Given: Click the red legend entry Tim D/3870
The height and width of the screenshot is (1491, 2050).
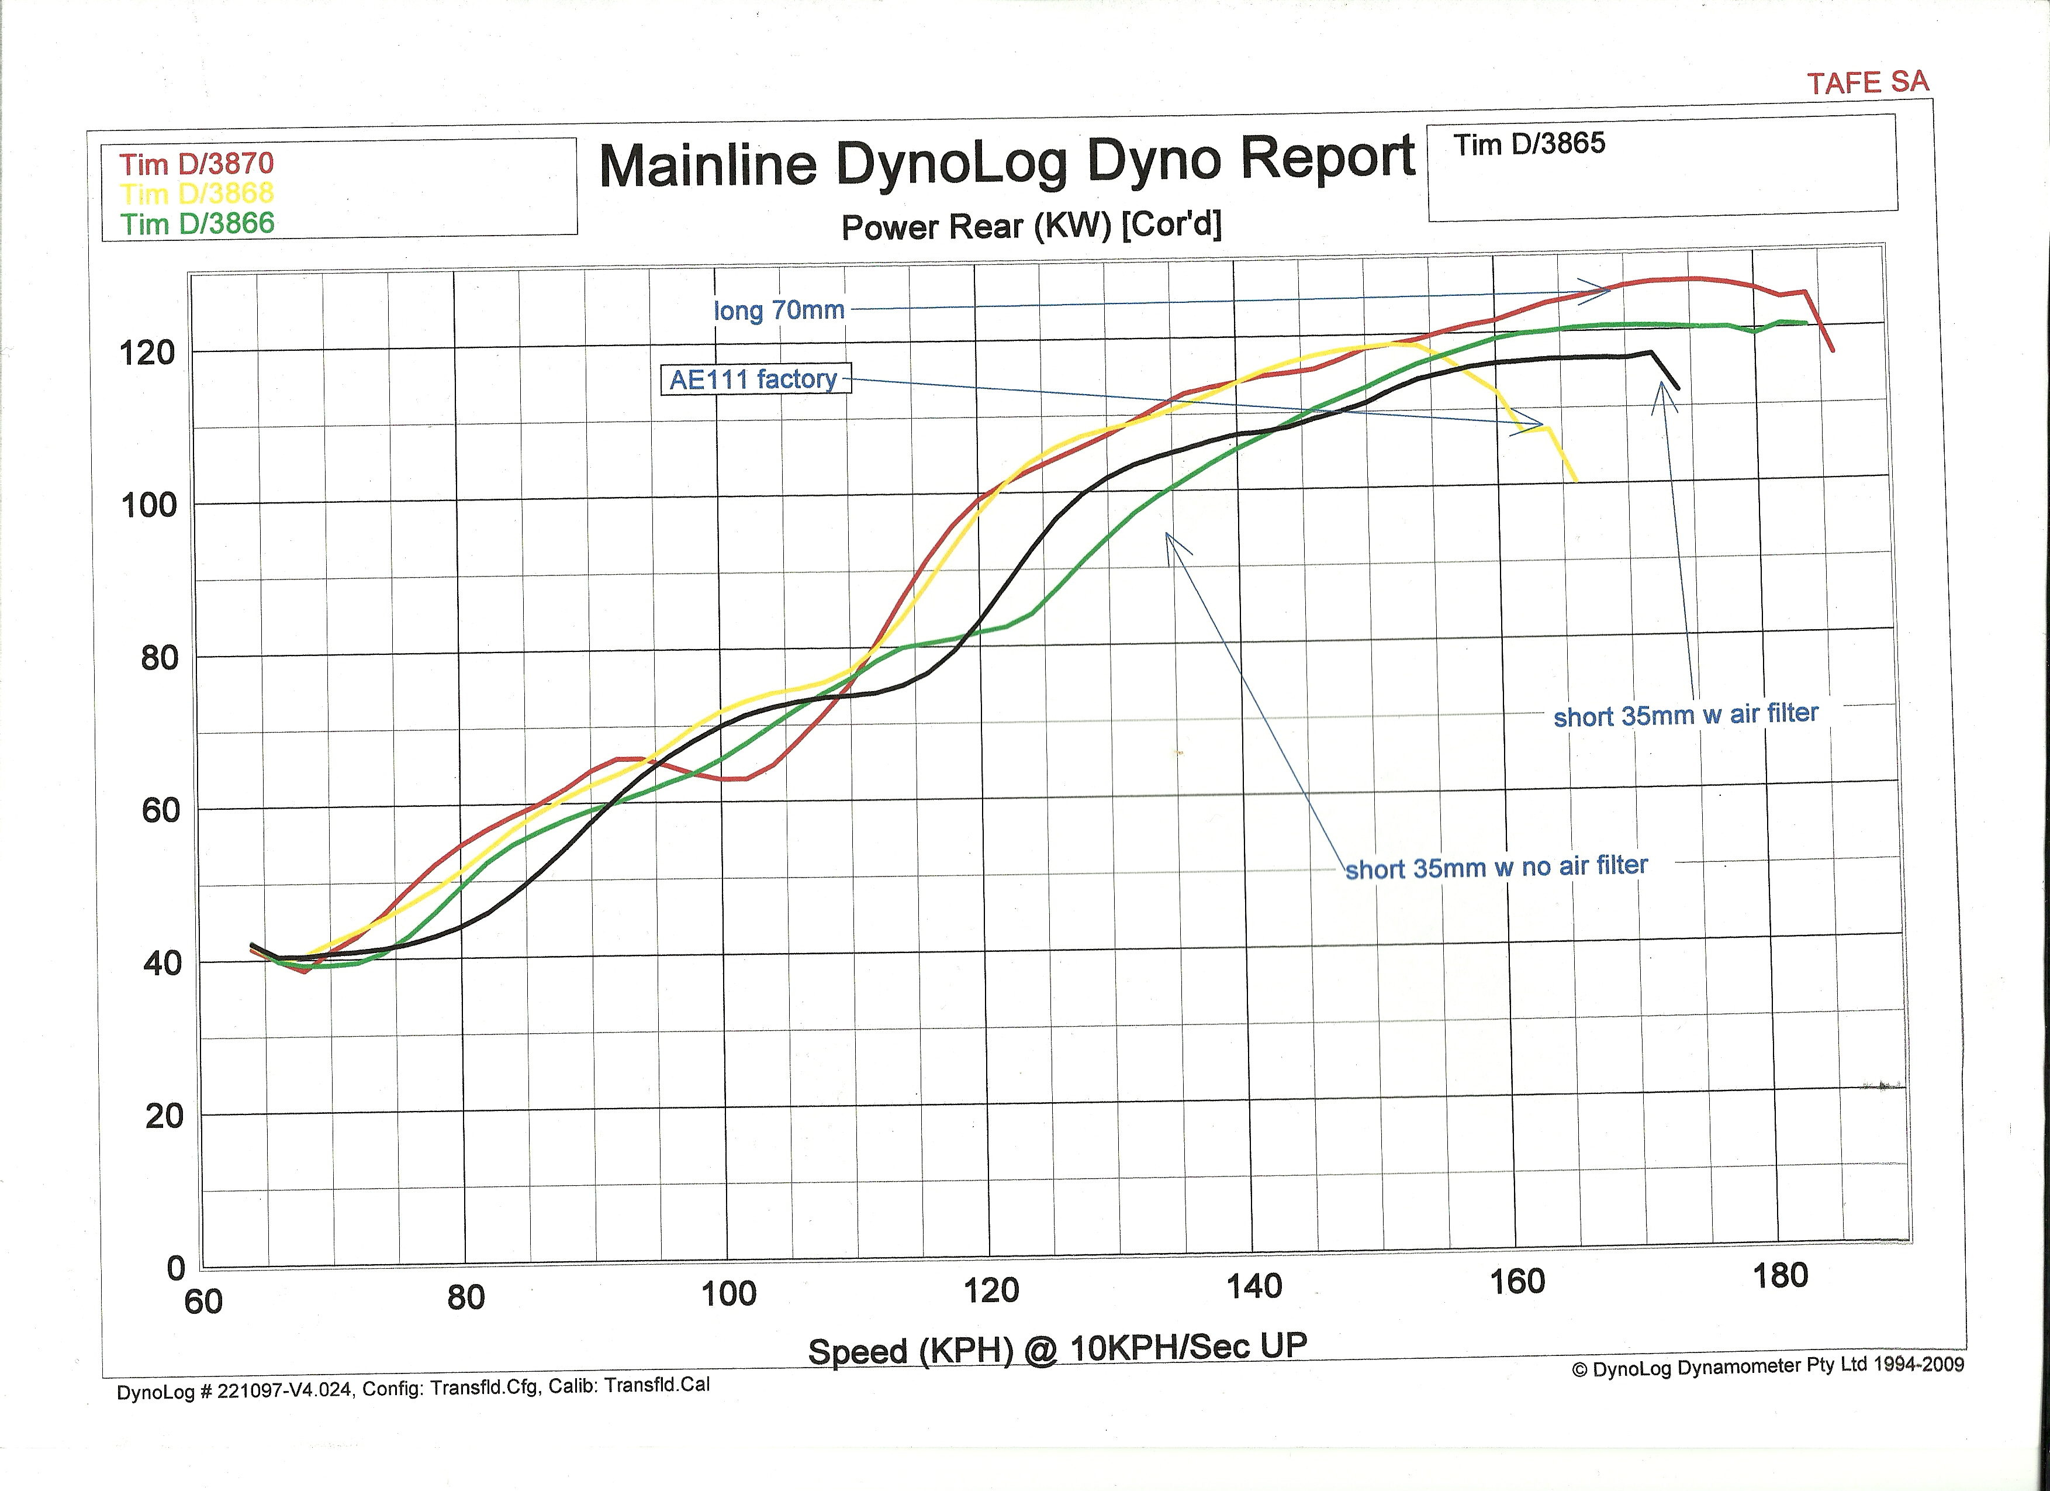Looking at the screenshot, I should coord(196,164).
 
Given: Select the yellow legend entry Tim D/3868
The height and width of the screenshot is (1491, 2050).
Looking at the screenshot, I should coord(196,194).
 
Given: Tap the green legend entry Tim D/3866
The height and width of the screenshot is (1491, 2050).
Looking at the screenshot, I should coord(197,223).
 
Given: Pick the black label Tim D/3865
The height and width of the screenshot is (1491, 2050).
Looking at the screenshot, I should coord(1529,144).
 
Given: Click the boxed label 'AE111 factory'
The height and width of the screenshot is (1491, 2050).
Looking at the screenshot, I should coord(754,379).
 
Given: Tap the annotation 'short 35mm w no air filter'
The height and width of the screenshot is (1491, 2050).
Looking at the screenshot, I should coord(1496,867).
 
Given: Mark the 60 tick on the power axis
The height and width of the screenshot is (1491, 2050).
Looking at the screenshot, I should coord(160,810).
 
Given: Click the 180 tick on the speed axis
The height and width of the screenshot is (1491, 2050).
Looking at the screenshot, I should coord(1780,1276).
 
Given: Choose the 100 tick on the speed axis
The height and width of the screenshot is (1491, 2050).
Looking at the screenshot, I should coord(728,1293).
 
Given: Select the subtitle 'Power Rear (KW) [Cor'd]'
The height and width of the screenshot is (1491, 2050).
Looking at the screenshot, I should coord(1031,226).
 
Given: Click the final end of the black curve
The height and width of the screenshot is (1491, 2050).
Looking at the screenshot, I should coord(1678,389).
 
